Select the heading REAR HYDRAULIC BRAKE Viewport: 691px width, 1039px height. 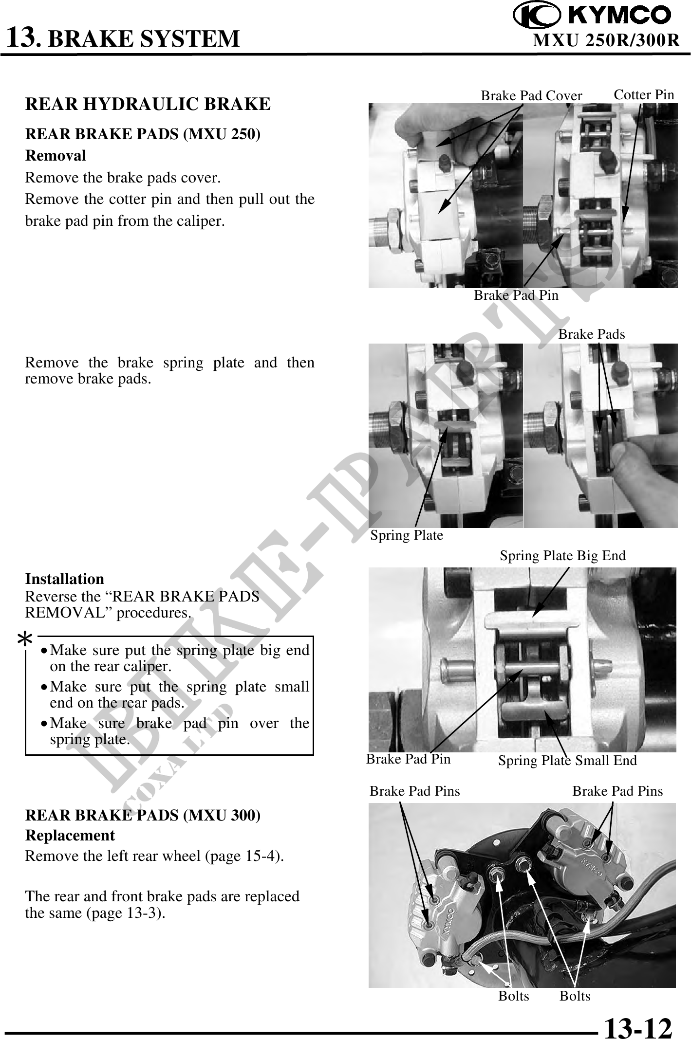[x=148, y=104]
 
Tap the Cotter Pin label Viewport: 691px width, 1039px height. [x=644, y=95]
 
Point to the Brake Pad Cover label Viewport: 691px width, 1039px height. [x=531, y=96]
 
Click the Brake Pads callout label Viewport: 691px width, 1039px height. [x=591, y=334]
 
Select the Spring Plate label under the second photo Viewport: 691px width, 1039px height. [x=407, y=536]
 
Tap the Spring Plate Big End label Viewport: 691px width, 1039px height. [x=562, y=556]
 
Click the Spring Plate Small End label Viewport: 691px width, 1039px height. [x=567, y=761]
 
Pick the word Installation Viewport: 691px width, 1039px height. [x=65, y=579]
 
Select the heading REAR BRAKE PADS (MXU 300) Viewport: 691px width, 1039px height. [x=143, y=816]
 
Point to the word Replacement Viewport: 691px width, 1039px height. [x=70, y=836]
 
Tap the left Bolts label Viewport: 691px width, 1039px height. [x=513, y=996]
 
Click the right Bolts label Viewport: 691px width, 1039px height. [x=575, y=996]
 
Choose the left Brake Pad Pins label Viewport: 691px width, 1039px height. [x=414, y=791]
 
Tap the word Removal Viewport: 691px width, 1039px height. [x=56, y=156]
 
